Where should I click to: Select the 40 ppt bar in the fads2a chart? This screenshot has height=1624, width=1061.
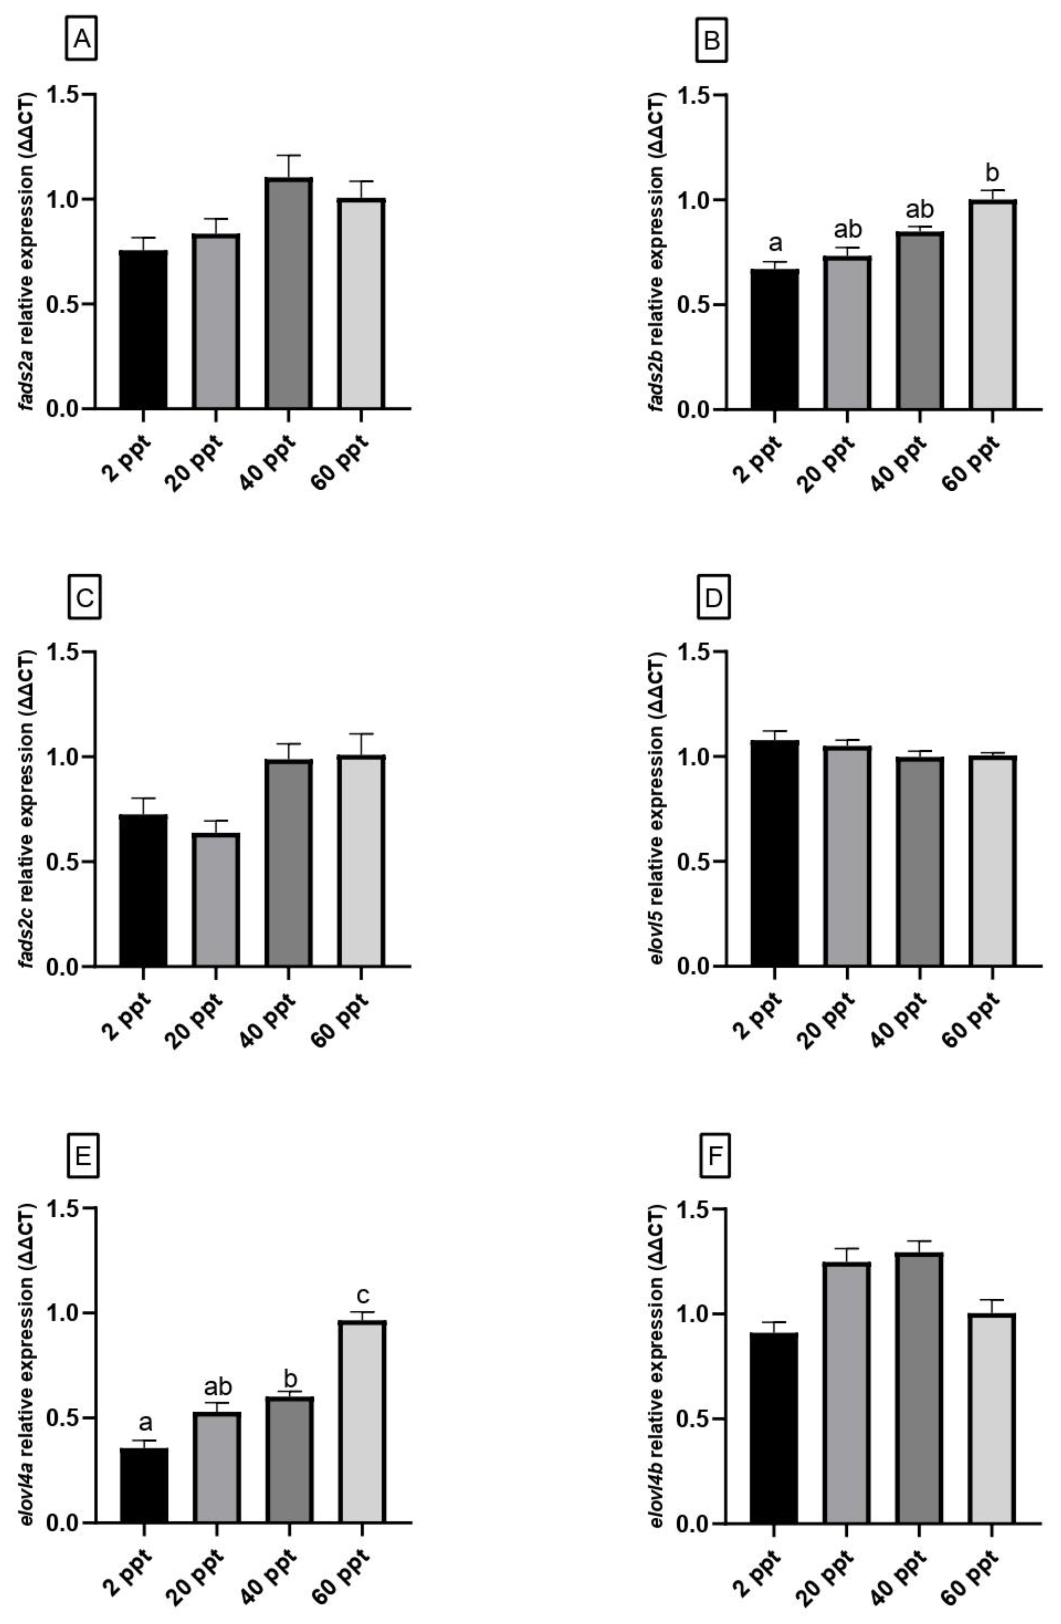289,294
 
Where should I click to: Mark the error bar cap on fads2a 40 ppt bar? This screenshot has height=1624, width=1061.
289,156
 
